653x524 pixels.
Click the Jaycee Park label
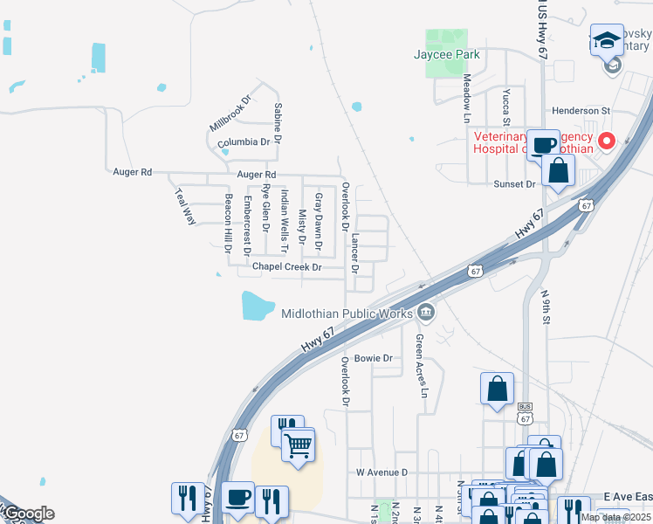(446, 53)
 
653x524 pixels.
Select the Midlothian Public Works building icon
(425, 311)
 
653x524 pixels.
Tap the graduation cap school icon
(606, 40)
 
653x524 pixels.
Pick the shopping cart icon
(298, 445)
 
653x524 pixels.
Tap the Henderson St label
(580, 111)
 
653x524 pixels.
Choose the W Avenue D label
(381, 472)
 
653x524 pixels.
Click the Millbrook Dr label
(230, 114)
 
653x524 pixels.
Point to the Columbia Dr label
(244, 141)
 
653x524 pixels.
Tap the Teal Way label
(185, 207)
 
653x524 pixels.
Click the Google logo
(28, 514)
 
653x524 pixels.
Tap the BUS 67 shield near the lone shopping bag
(525, 412)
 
